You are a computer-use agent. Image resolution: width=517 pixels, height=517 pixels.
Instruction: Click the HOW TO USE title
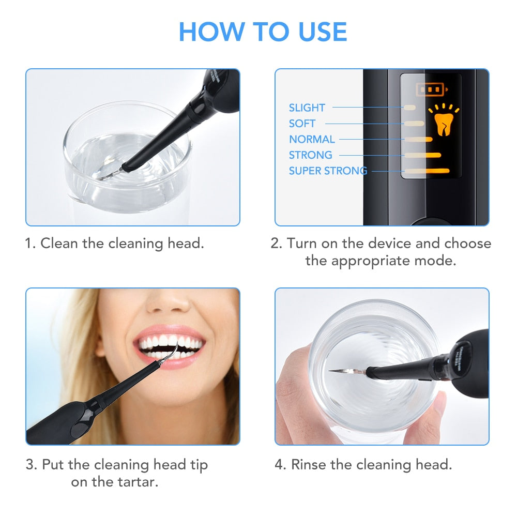tap(263, 32)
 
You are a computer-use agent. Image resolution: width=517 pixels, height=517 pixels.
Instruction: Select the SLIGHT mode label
tap(307, 108)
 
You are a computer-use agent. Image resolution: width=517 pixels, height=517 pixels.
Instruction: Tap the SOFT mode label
tap(302, 124)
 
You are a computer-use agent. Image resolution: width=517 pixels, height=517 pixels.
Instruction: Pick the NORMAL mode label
tap(312, 139)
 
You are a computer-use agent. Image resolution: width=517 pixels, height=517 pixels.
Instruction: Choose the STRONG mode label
tap(310, 155)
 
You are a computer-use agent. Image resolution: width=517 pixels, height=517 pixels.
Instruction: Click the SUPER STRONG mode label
tap(328, 171)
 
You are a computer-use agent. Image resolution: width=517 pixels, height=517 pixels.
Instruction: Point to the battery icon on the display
tap(430, 90)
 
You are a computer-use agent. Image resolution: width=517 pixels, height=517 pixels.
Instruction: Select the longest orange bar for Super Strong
tap(427, 171)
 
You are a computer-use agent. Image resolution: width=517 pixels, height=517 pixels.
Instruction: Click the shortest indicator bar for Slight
tap(409, 108)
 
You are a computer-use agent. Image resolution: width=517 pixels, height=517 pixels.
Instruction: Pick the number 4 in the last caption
tap(280, 464)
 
